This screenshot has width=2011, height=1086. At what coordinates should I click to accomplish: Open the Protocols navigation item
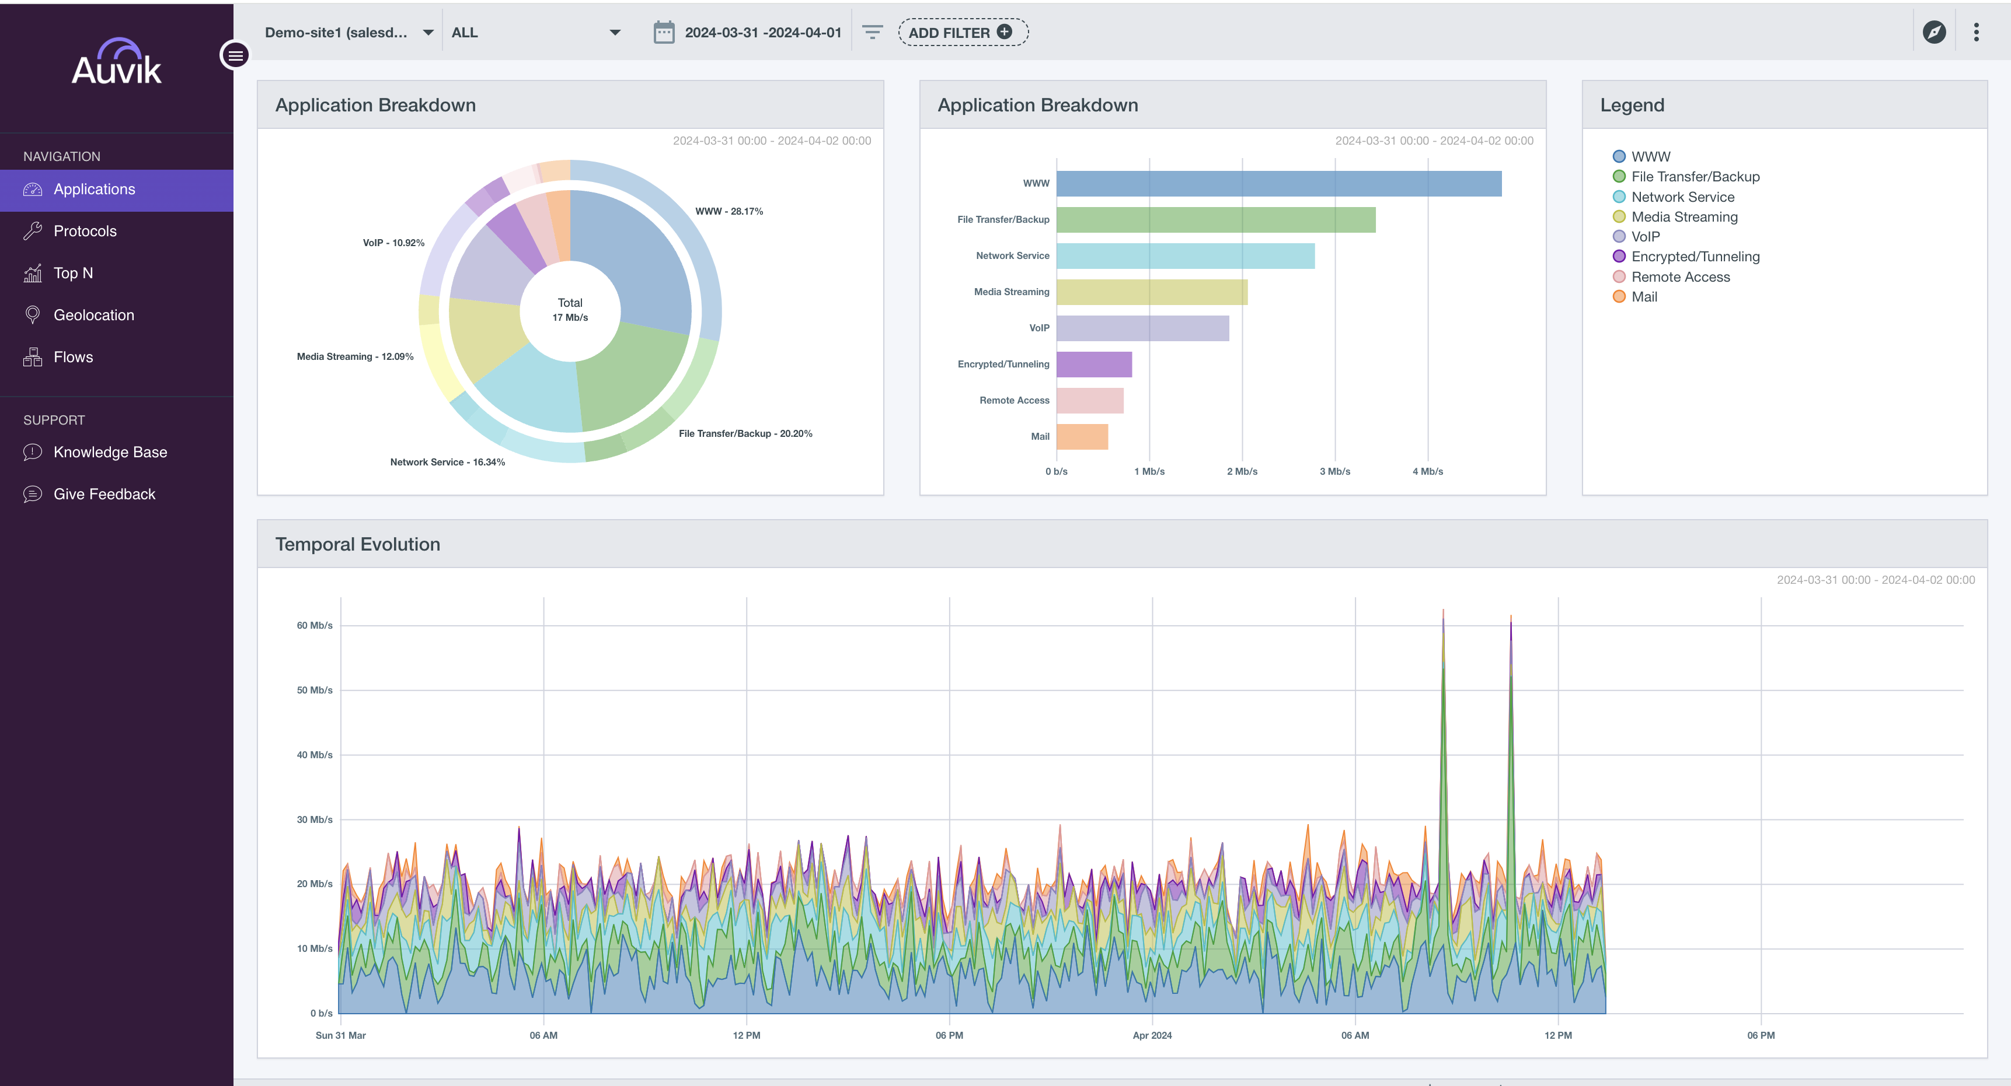[x=84, y=231]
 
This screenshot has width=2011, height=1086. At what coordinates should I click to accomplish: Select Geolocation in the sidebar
[x=93, y=315]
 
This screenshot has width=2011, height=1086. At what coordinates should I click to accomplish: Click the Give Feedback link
[x=104, y=494]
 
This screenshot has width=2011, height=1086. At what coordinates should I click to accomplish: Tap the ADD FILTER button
[x=963, y=32]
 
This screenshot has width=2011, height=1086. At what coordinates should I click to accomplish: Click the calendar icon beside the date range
[x=664, y=32]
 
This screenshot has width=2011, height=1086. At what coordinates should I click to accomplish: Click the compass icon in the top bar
[x=1934, y=32]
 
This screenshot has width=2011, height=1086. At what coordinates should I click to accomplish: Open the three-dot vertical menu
[x=1976, y=32]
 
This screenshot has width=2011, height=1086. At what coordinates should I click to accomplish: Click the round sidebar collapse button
[x=235, y=55]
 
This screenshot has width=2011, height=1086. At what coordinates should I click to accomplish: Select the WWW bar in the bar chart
[x=1279, y=183]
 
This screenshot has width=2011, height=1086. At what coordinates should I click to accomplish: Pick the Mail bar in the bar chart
[x=1082, y=437]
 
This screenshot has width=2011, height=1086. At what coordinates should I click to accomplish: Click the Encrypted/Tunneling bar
[x=1094, y=365]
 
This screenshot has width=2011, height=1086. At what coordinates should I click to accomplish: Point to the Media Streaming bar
[x=1152, y=292]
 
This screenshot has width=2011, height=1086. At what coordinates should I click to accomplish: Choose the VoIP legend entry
[x=1636, y=236]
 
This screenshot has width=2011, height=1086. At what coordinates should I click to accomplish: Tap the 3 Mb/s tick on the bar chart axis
[x=1335, y=471]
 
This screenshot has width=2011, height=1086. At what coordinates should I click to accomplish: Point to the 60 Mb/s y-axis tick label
[x=315, y=625]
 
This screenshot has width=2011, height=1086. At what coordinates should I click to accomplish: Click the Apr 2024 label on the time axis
[x=1152, y=1035]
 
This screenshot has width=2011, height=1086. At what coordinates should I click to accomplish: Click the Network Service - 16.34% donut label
[x=447, y=462]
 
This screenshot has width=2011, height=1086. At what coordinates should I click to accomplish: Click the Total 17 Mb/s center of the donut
[x=570, y=310]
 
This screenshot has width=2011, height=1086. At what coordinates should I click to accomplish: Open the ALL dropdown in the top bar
[x=535, y=32]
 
